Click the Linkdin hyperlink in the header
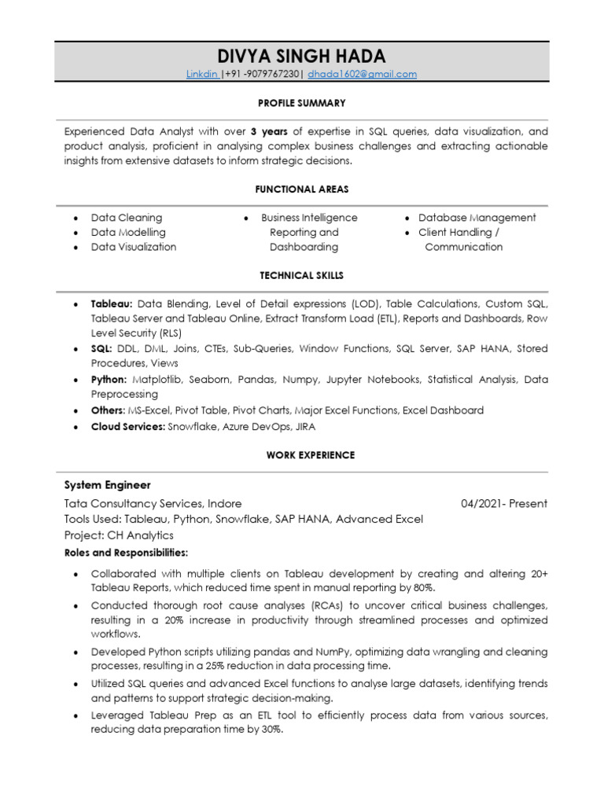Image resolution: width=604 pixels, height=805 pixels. pyautogui.click(x=201, y=74)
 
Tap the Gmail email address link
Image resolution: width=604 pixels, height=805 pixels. pyautogui.click(x=362, y=74)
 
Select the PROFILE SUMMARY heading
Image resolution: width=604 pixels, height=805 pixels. pyautogui.click(x=302, y=103)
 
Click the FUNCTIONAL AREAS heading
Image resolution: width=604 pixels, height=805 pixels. pyautogui.click(x=302, y=189)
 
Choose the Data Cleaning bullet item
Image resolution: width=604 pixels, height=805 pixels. pyautogui.click(x=127, y=218)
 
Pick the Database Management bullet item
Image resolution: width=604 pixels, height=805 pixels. pyautogui.click(x=477, y=218)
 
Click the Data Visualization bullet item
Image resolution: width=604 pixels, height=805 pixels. pyautogui.click(x=134, y=247)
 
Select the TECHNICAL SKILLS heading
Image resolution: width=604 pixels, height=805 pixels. pyautogui.click(x=302, y=276)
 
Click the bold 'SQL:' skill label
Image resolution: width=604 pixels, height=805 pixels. pyautogui.click(x=101, y=348)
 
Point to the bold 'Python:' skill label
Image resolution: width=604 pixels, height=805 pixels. pyautogui.click(x=109, y=379)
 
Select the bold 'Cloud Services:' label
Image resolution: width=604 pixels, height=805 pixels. pyautogui.click(x=128, y=426)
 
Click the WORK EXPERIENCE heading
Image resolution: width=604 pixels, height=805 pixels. pyautogui.click(x=310, y=455)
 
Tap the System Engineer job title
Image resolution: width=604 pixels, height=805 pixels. pyautogui.click(x=107, y=485)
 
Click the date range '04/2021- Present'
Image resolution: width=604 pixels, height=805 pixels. pyautogui.click(x=504, y=503)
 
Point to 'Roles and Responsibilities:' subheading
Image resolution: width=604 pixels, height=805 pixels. pyautogui.click(x=126, y=553)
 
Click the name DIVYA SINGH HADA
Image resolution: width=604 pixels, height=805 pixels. pyautogui.click(x=302, y=56)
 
